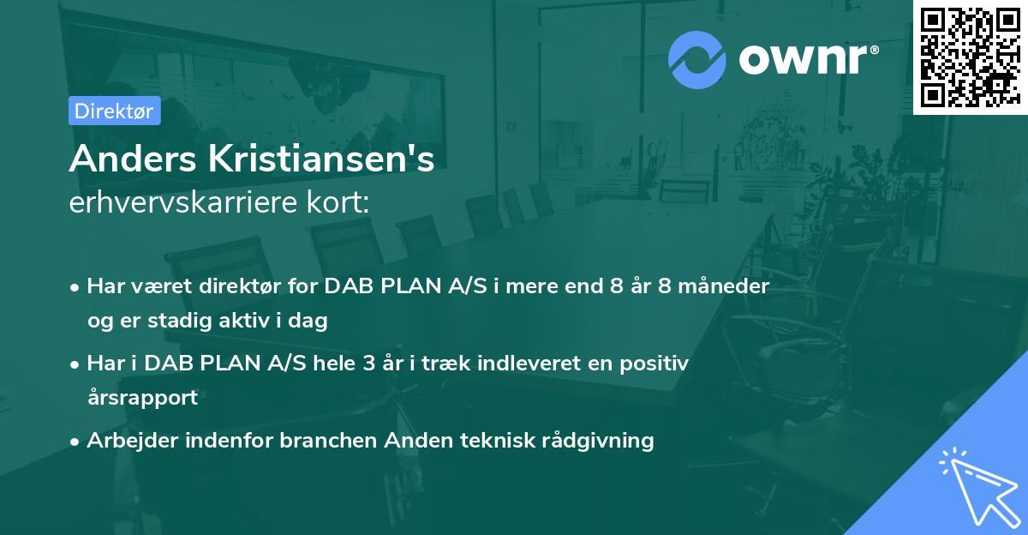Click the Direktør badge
pyautogui.click(x=114, y=111)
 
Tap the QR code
pyautogui.click(x=970, y=56)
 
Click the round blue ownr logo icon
pyautogui.click(x=696, y=59)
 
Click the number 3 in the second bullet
pyautogui.click(x=368, y=363)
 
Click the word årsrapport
pyautogui.click(x=142, y=398)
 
